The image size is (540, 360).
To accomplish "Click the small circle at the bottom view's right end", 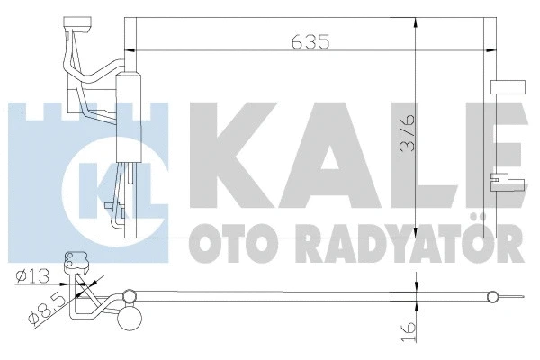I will click(x=491, y=296).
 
